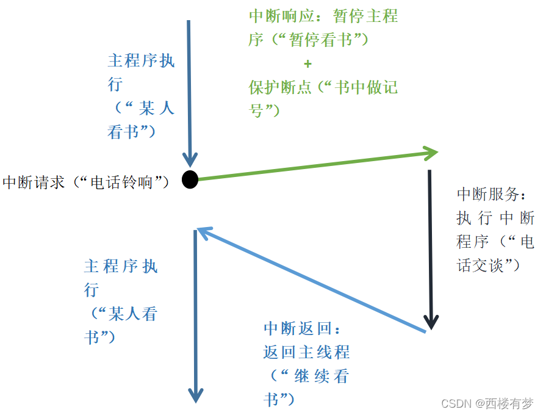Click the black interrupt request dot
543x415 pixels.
tap(190, 179)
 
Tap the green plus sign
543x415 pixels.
tap(307, 63)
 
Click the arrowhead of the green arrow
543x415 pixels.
tap(431, 153)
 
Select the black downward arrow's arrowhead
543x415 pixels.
tap(431, 322)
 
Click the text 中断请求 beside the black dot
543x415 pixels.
tap(34, 182)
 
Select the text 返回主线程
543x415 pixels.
tap(307, 352)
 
